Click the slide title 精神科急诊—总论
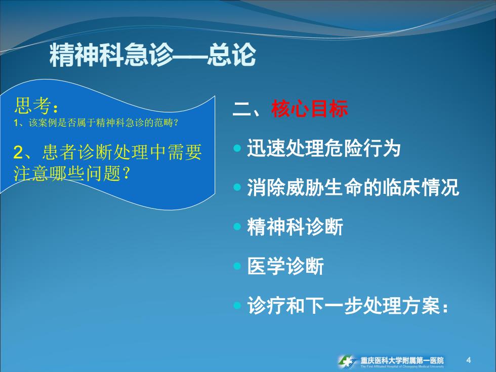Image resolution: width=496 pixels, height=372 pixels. click(x=152, y=55)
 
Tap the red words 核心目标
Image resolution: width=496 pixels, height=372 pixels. click(x=309, y=108)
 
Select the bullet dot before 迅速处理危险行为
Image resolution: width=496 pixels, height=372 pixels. click(x=237, y=148)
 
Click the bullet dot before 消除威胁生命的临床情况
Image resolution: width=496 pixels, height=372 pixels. click(x=237, y=187)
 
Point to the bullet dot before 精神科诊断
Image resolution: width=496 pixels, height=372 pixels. click(x=237, y=227)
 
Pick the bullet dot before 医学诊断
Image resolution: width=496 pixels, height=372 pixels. click(x=237, y=266)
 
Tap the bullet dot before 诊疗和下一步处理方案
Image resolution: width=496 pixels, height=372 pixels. click(x=237, y=305)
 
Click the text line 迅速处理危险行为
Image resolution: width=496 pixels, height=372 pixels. click(x=323, y=148)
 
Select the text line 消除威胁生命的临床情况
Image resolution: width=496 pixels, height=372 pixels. click(x=353, y=187)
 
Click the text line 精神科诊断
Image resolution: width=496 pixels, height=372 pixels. click(x=295, y=227)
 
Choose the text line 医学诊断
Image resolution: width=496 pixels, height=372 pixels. click(x=285, y=266)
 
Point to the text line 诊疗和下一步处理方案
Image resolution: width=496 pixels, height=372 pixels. click(x=348, y=305)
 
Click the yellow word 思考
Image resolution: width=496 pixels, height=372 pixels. click(x=32, y=105)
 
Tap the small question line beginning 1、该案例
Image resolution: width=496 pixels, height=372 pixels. click(x=96, y=122)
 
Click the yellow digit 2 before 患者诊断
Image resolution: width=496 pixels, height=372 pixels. click(x=18, y=152)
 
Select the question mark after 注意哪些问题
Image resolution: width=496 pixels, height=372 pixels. click(x=126, y=173)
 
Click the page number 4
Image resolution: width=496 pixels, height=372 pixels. click(x=469, y=360)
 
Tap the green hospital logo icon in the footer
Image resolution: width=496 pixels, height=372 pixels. click(x=347, y=361)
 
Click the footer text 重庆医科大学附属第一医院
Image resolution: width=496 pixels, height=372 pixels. click(x=402, y=360)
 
